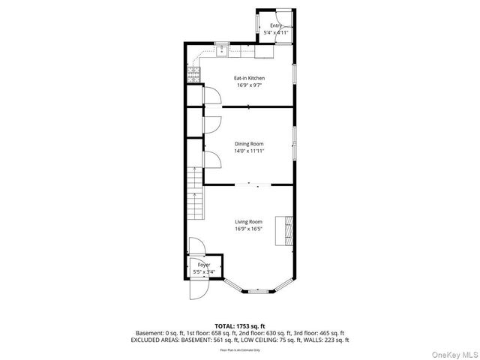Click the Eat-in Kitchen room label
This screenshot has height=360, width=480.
pyautogui.click(x=249, y=78)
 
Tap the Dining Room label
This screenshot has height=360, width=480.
pyautogui.click(x=249, y=144)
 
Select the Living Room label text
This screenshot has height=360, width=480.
pyautogui.click(x=248, y=222)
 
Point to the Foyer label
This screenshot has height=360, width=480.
pyautogui.click(x=203, y=265)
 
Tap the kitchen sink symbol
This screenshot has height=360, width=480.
pyautogui.click(x=222, y=52)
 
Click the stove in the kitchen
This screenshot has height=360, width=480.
pyautogui.click(x=193, y=73)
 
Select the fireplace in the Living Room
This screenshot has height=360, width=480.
pyautogui.click(x=285, y=230)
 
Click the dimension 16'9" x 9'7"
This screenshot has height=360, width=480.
pyautogui.click(x=249, y=85)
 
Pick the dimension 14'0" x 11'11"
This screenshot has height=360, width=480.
pyautogui.click(x=249, y=151)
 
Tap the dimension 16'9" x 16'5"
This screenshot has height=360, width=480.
pyautogui.click(x=248, y=229)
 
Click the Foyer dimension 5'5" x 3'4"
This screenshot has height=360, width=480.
pyautogui.click(x=203, y=271)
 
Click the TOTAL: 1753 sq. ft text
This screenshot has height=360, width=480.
pyautogui.click(x=240, y=326)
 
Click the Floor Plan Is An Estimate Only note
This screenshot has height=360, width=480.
pyautogui.click(x=240, y=349)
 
